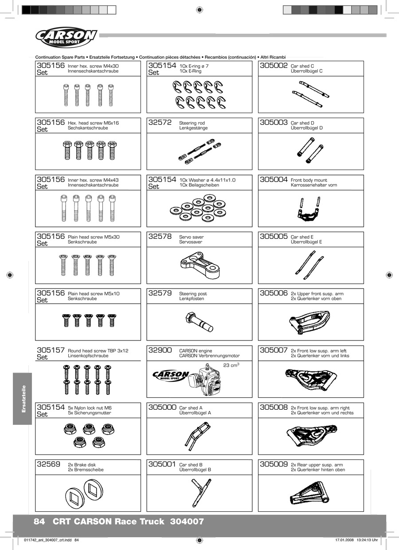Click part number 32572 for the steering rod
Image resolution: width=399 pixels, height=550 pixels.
click(x=160, y=123)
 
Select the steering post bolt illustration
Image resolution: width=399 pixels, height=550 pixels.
click(x=199, y=321)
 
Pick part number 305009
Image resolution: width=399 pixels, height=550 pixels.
click(x=274, y=464)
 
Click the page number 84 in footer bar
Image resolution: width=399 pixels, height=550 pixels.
click(x=39, y=522)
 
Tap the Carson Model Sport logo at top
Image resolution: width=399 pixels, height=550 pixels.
click(x=66, y=37)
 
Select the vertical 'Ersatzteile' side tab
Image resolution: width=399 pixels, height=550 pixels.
click(x=23, y=399)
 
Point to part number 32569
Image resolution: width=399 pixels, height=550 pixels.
click(x=49, y=464)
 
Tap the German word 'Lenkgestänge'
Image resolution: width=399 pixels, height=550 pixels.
click(x=193, y=128)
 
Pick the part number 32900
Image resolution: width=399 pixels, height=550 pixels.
click(x=160, y=351)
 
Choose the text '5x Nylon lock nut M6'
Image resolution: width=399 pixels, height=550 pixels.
click(x=90, y=408)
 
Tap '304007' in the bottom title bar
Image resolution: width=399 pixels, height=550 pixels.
click(x=187, y=522)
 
